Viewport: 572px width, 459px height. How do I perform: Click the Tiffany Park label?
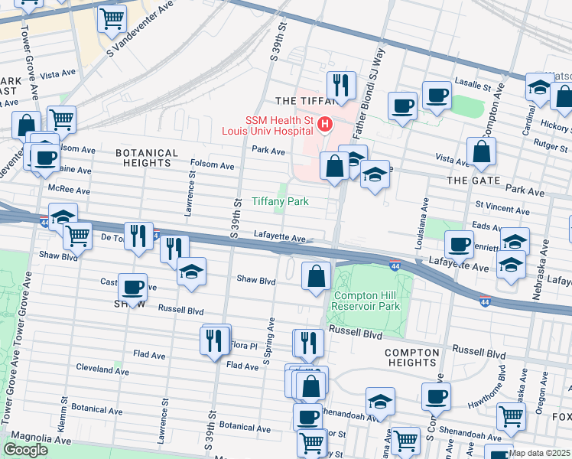pos(281,202)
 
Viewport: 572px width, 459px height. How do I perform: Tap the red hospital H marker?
pos(326,123)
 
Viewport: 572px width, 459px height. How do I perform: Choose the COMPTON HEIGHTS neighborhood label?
pos(412,357)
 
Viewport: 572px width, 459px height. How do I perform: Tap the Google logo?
pos(25,450)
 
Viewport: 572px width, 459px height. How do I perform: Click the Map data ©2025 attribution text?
pos(540,453)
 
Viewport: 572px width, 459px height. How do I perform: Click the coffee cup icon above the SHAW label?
pos(133,287)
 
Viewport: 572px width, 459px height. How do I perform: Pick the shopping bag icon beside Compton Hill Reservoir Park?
pos(316,275)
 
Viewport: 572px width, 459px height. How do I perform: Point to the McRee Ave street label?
pos(69,190)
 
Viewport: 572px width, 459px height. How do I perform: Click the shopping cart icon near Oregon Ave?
pos(511,416)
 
